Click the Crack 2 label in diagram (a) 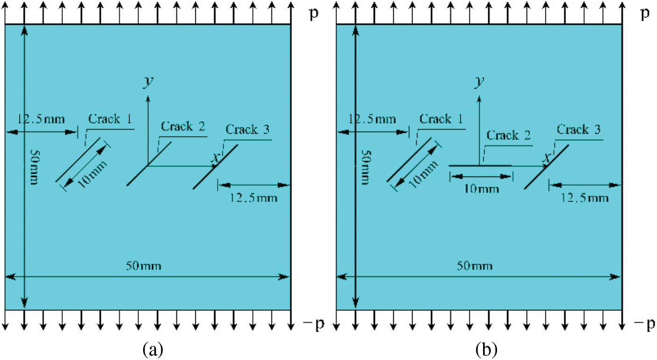click(x=183, y=126)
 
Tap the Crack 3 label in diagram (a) click(x=247, y=130)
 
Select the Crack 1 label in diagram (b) click(x=441, y=119)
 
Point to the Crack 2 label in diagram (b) click(x=509, y=136)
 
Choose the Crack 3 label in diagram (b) click(x=578, y=130)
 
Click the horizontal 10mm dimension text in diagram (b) click(x=481, y=188)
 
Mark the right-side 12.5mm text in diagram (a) click(x=254, y=198)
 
